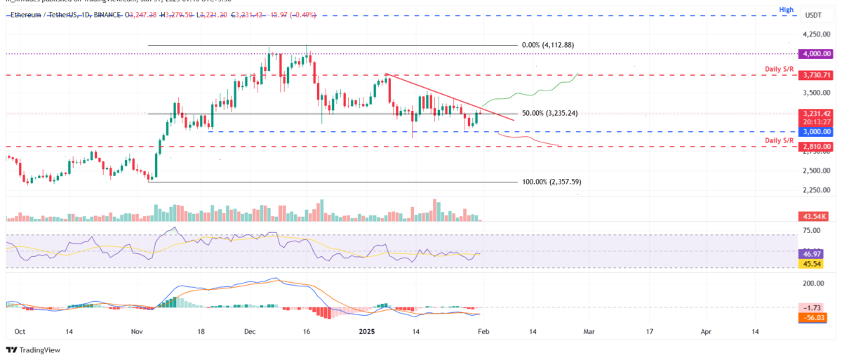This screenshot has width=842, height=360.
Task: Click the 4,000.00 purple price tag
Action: [817, 53]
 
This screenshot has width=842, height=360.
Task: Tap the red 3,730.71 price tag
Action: [817, 74]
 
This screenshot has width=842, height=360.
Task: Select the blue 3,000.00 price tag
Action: [817, 132]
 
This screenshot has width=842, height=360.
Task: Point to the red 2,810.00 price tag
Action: [817, 147]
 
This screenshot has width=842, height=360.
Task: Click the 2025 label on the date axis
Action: [367, 331]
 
